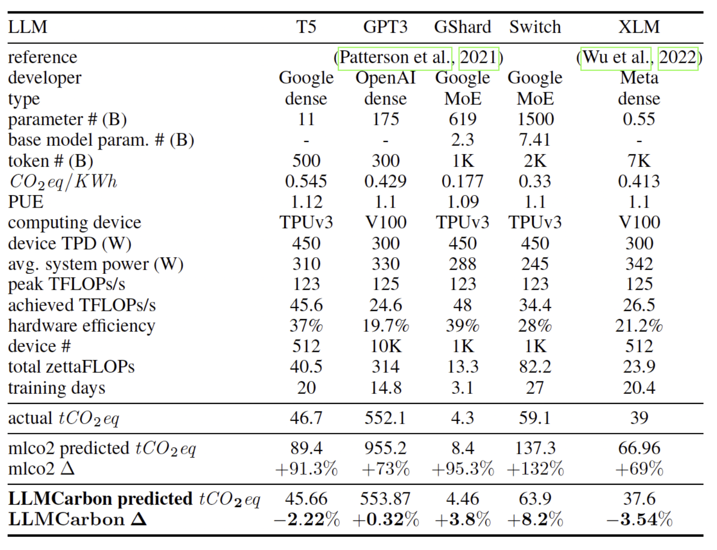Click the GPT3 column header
[385, 27]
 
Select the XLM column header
[638, 27]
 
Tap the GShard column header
[462, 27]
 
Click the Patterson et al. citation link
[394, 58]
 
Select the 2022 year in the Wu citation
[677, 58]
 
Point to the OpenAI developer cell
[385, 78]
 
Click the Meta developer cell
[638, 78]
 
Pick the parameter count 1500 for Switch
[535, 119]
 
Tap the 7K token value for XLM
[638, 160]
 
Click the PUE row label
[26, 202]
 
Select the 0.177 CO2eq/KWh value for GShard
[462, 181]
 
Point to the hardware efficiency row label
[81, 326]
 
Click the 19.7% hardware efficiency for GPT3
[385, 326]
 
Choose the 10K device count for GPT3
[385, 346]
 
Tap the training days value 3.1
[462, 388]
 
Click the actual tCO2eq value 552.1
[385, 418]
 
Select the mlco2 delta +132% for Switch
[535, 469]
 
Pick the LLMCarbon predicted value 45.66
[306, 499]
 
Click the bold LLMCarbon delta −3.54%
[638, 520]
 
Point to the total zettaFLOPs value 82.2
[535, 367]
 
